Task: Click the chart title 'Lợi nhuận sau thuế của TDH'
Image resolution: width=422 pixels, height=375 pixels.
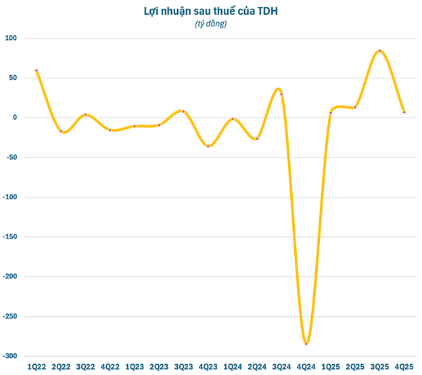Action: [x=211, y=11]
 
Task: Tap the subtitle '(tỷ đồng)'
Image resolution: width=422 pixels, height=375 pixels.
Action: [x=211, y=24]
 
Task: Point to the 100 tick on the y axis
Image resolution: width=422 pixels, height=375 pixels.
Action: [x=11, y=38]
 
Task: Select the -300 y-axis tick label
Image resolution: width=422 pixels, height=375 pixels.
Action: [x=10, y=356]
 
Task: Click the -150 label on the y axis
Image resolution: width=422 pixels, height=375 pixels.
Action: [x=10, y=237]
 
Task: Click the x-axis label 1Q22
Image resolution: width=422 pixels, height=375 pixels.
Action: [x=37, y=367]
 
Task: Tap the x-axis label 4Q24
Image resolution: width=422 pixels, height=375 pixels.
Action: [x=306, y=367]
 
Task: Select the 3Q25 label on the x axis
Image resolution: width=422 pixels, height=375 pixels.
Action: [x=380, y=367]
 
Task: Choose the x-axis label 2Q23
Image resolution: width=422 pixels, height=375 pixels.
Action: [x=159, y=367]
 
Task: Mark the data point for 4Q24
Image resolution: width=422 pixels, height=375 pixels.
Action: [x=306, y=344]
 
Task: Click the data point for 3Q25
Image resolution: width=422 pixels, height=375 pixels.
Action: [x=380, y=51]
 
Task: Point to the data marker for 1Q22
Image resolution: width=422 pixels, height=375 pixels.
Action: [x=37, y=70]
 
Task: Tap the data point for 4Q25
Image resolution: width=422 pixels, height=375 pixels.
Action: [x=404, y=112]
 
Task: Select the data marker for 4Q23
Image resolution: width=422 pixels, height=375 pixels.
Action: [x=208, y=146]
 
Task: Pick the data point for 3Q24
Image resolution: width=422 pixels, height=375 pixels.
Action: [x=282, y=95]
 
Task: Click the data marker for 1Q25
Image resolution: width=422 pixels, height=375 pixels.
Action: [x=331, y=113]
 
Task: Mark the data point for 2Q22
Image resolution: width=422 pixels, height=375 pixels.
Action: [x=61, y=131]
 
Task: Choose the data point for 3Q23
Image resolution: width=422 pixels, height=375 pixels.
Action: [x=183, y=111]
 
